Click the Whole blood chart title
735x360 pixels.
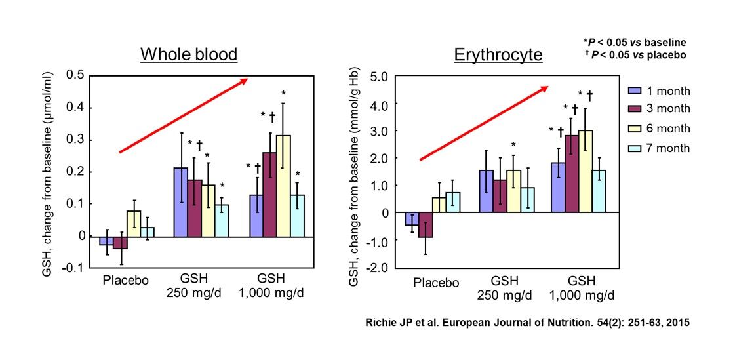[189, 54]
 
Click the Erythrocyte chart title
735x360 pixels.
[498, 54]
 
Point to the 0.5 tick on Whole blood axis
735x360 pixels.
[77, 75]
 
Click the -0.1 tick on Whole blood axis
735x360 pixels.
[75, 268]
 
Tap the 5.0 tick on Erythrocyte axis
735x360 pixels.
[380, 77]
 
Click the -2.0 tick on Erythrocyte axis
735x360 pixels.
[379, 268]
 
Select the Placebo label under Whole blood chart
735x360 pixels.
[126, 281]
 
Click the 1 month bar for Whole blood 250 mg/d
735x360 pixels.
[180, 202]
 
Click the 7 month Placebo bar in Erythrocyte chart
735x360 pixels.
[453, 203]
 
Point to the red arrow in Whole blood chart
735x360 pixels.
[183, 116]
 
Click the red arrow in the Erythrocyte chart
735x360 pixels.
[484, 123]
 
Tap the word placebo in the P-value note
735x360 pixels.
[666, 54]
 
